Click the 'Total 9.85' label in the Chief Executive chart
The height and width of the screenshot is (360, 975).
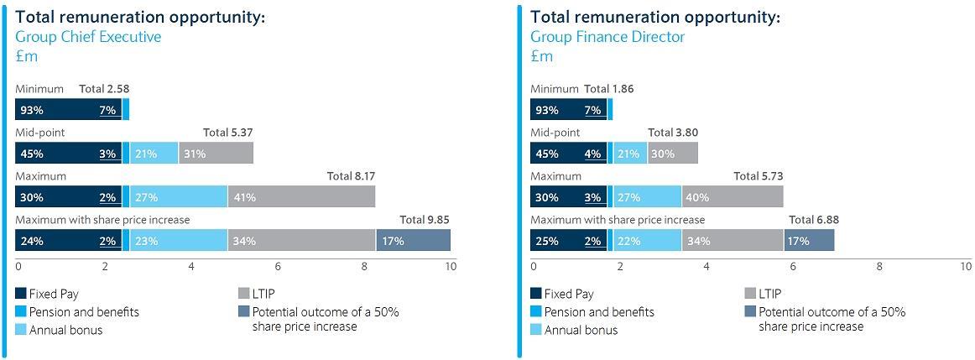[424, 220]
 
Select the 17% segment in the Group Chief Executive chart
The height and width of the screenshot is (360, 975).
[413, 240]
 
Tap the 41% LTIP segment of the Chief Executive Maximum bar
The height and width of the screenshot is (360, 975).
[301, 196]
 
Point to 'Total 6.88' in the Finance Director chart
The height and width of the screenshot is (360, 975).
[813, 220]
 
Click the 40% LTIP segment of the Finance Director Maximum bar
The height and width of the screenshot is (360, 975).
[732, 196]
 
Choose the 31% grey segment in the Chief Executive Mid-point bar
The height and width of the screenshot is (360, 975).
[216, 153]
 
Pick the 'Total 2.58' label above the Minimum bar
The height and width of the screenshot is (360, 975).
[104, 89]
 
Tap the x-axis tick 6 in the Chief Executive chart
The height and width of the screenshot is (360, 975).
[278, 267]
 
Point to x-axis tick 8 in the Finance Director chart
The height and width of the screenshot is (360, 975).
[879, 267]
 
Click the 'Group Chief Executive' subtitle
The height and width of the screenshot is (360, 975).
[88, 37]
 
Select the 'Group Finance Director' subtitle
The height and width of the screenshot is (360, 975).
[607, 37]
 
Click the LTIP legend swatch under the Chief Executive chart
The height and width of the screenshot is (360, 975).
[244, 294]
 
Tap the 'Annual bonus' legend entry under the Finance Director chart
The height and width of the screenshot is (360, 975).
[581, 330]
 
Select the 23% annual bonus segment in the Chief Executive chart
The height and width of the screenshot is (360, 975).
[178, 240]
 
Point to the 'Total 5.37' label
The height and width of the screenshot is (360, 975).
[227, 133]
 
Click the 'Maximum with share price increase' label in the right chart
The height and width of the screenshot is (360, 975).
[617, 220]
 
